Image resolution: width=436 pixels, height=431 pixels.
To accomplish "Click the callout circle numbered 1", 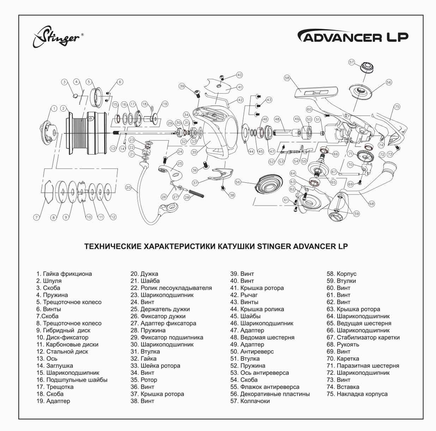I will coord(54,108).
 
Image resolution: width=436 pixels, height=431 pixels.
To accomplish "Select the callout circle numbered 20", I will coord(128,188).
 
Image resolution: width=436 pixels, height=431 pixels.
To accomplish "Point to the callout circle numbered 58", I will coord(287,78).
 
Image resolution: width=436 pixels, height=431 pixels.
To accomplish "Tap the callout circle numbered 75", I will coord(397,107).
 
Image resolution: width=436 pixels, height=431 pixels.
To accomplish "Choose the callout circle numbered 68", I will coord(371,203).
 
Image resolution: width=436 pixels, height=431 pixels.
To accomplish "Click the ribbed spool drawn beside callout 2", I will coord(85,133).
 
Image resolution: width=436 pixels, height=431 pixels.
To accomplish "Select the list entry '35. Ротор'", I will coord(144,380).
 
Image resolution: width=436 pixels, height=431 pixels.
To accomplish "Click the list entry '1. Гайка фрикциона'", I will coord(64,274).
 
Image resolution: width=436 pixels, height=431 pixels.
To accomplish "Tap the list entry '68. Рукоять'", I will coord(343,344).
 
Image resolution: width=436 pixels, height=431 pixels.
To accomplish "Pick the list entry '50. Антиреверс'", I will coord(252,351).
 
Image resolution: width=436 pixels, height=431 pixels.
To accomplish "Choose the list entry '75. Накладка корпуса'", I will coord(357,394).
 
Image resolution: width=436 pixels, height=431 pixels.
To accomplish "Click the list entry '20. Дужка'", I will coord(144,274).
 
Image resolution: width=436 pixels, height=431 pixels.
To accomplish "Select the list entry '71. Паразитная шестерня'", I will coord(363,366).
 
